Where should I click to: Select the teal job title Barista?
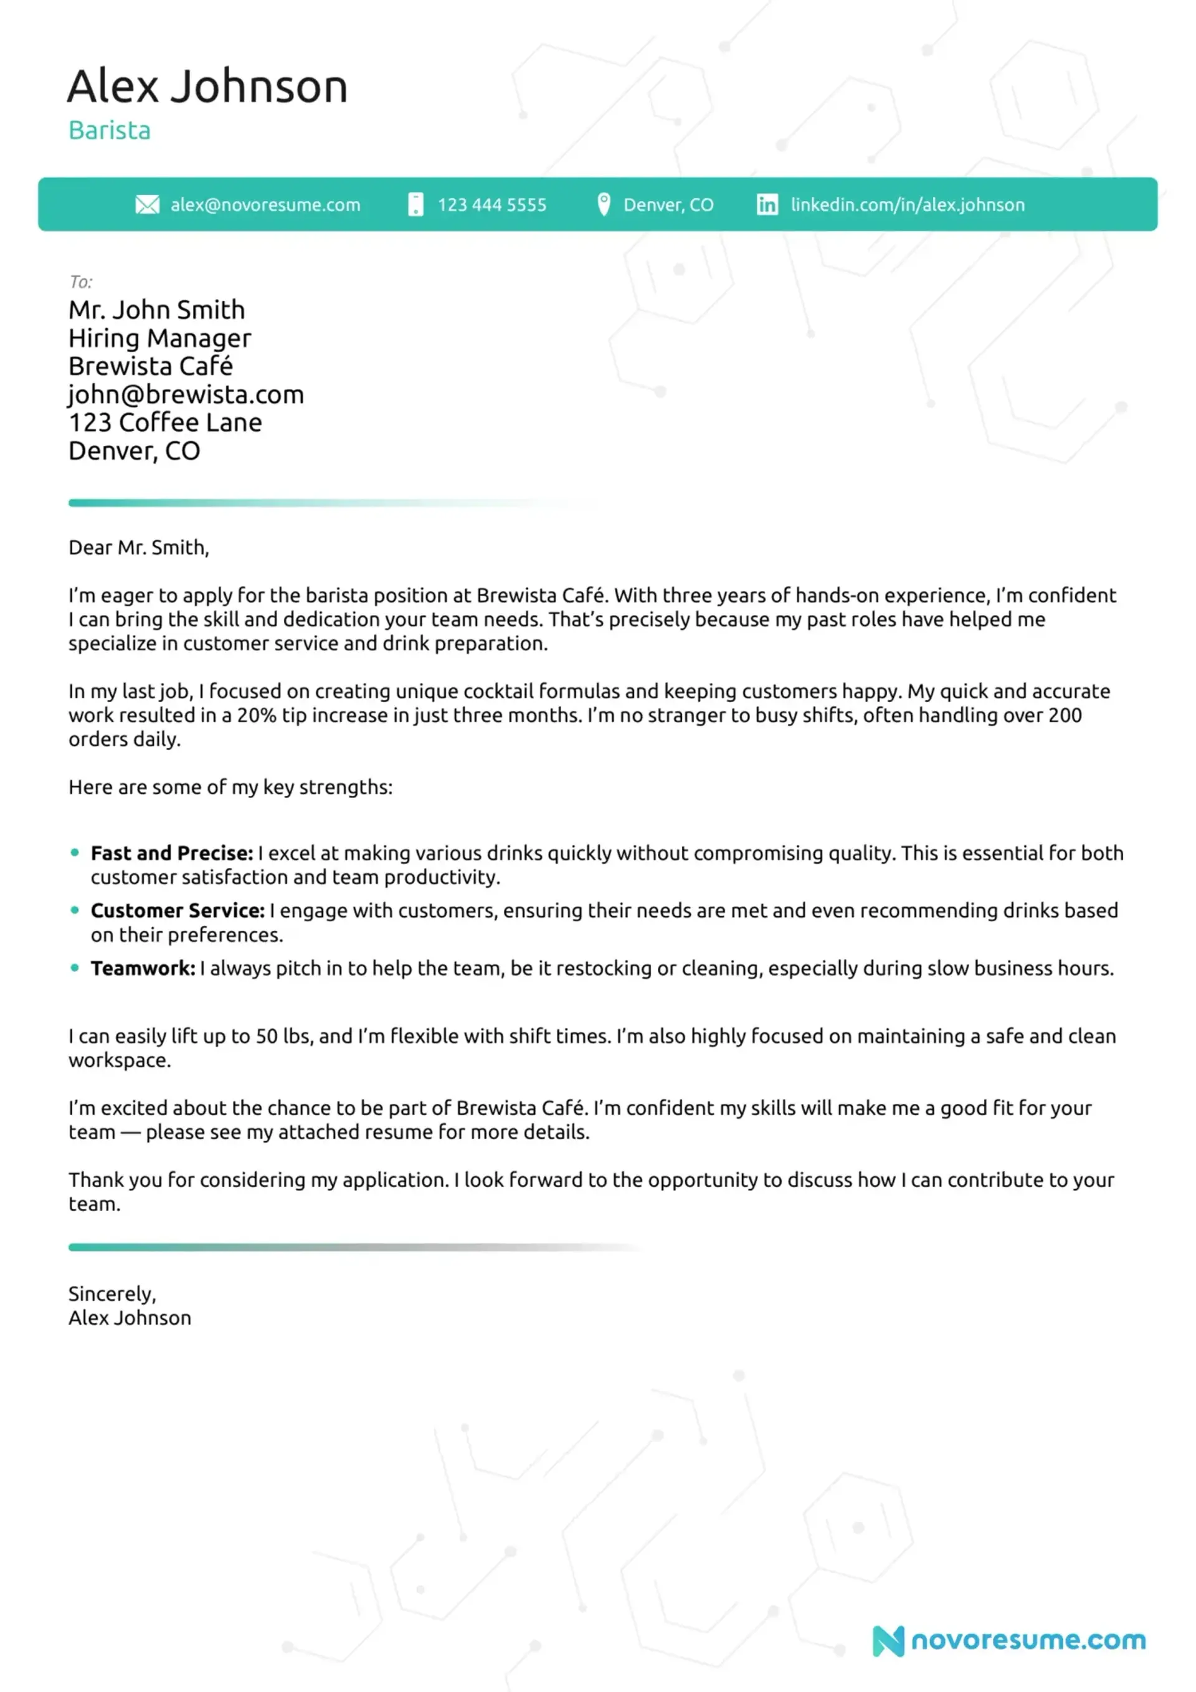coord(109,130)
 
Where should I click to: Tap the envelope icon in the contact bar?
coord(148,205)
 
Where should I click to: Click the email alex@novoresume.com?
coord(265,205)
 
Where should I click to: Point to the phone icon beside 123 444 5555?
coord(415,205)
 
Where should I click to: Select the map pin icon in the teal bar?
coord(604,204)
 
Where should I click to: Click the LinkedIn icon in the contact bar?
coord(767,205)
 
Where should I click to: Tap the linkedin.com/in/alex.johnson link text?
coord(907,205)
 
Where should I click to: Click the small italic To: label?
coord(80,282)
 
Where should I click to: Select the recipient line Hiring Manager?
coord(160,338)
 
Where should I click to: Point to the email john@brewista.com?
coord(186,395)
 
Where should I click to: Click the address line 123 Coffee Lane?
coord(165,423)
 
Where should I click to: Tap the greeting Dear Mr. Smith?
coord(138,548)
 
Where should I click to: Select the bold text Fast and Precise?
coord(172,853)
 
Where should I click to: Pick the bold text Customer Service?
coord(178,911)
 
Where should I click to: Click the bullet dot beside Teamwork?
coord(74,967)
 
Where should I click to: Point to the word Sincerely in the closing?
coord(110,1294)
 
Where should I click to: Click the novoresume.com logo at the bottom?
coord(1010,1640)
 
